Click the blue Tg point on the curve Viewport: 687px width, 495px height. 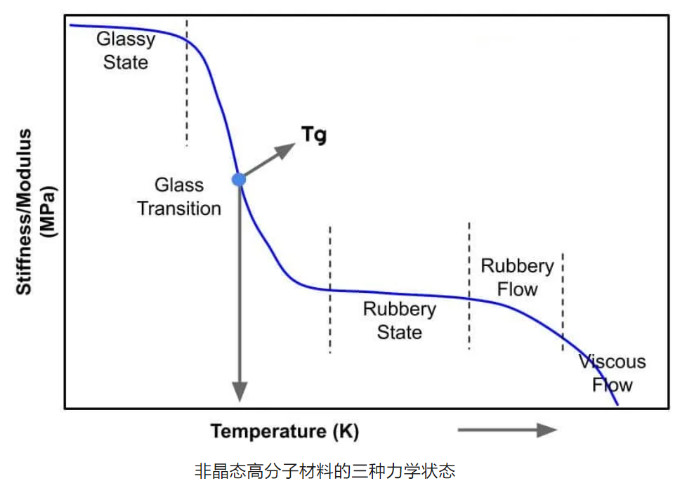tap(239, 179)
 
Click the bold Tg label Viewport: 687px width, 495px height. tap(314, 135)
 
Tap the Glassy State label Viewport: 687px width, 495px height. tap(126, 50)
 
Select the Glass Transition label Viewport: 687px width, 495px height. tap(179, 197)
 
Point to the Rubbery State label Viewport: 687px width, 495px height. tap(399, 320)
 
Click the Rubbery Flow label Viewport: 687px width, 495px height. tap(517, 277)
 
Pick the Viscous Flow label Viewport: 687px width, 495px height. tap(612, 373)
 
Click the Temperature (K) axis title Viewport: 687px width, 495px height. tap(284, 431)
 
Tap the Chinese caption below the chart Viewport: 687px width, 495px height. tap(325, 470)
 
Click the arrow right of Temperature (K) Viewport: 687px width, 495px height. tap(507, 430)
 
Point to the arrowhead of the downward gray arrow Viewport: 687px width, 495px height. tap(240, 390)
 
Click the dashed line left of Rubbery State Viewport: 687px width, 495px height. tap(330, 288)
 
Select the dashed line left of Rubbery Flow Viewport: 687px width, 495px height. tap(469, 284)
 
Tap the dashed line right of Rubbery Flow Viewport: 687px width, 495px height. tap(563, 302)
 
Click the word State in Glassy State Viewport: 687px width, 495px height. tap(126, 62)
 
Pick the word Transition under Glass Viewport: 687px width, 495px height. tap(179, 208)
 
